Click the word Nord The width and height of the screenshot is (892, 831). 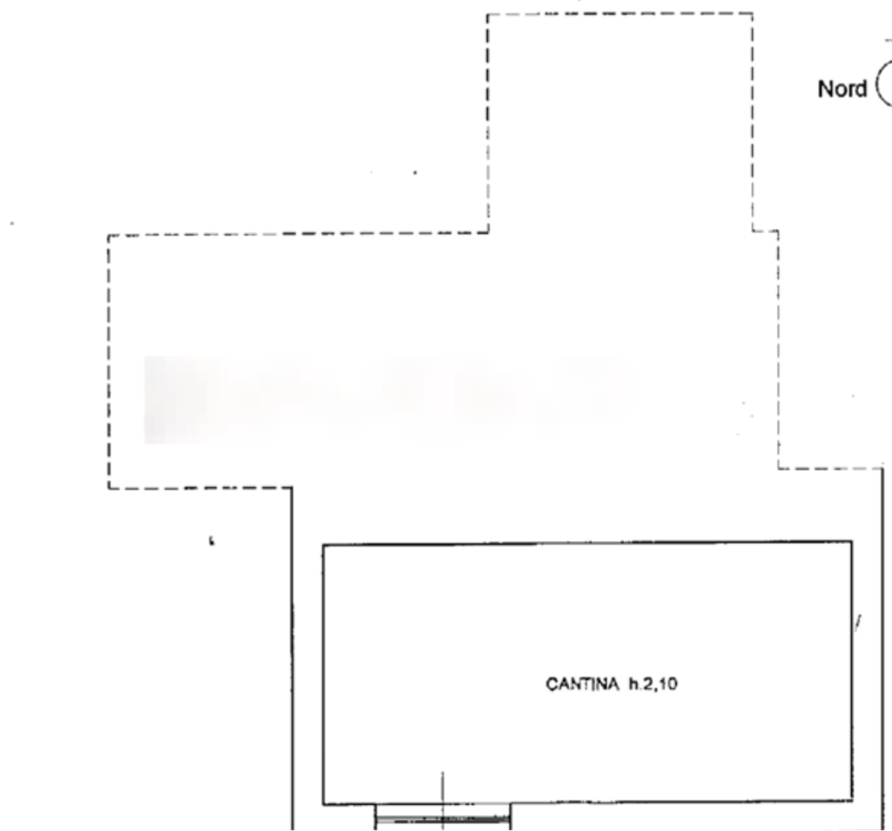click(x=842, y=88)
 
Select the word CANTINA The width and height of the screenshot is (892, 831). click(x=581, y=685)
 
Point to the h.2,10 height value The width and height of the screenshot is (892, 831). click(x=654, y=685)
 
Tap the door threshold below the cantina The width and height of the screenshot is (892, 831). click(x=442, y=815)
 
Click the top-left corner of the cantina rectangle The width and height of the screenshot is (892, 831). click(x=322, y=542)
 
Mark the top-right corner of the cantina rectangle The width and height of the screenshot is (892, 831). click(x=854, y=540)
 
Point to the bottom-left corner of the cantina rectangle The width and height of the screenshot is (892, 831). click(x=322, y=803)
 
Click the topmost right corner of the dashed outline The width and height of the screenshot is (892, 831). click(x=752, y=13)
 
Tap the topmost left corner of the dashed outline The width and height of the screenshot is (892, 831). click(x=487, y=15)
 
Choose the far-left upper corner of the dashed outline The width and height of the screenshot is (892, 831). click(x=108, y=237)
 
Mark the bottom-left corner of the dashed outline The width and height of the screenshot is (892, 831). click(x=108, y=487)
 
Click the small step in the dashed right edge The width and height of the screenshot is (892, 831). click(x=764, y=232)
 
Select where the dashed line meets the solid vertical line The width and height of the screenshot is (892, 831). click(x=291, y=487)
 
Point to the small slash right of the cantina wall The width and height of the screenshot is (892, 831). click(x=858, y=622)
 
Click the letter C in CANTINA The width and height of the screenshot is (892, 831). click(x=549, y=685)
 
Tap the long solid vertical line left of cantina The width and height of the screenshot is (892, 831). click(x=292, y=660)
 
